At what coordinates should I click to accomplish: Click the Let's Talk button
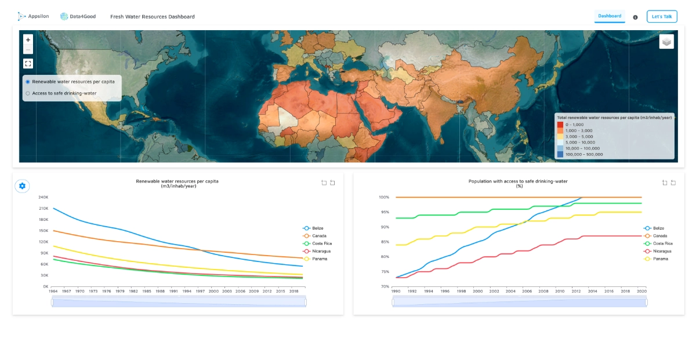(x=661, y=17)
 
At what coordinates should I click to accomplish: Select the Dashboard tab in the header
(x=610, y=16)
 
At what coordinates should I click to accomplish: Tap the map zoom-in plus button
(x=28, y=39)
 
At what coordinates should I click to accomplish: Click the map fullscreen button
(x=28, y=63)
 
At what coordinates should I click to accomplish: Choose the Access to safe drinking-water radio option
(x=28, y=93)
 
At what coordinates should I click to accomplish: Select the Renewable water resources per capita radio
(x=28, y=82)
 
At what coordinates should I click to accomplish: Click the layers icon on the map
(x=666, y=42)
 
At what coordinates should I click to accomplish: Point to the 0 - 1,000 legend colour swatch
(x=560, y=125)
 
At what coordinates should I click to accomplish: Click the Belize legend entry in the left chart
(x=313, y=228)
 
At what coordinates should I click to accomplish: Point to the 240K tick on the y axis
(x=43, y=197)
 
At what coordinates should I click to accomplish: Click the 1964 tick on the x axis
(x=53, y=291)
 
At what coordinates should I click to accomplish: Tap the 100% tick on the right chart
(x=384, y=197)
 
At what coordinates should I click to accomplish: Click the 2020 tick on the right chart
(x=641, y=291)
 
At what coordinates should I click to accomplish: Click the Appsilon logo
(x=33, y=17)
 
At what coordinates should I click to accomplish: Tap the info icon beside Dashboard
(x=635, y=17)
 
